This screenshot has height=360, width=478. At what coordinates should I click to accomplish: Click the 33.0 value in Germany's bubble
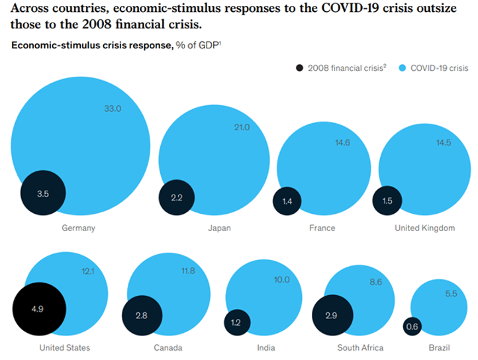click(x=113, y=109)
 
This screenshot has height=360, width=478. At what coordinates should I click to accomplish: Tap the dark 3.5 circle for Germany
click(x=43, y=194)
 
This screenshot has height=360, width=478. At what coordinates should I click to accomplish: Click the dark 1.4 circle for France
click(x=287, y=201)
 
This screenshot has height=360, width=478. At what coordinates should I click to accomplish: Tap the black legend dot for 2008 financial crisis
click(x=299, y=67)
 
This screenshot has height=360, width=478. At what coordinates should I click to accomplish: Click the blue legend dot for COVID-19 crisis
click(x=403, y=67)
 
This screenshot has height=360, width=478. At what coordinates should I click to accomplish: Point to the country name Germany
click(x=79, y=228)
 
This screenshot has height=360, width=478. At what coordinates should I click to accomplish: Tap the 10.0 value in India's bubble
click(x=281, y=280)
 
